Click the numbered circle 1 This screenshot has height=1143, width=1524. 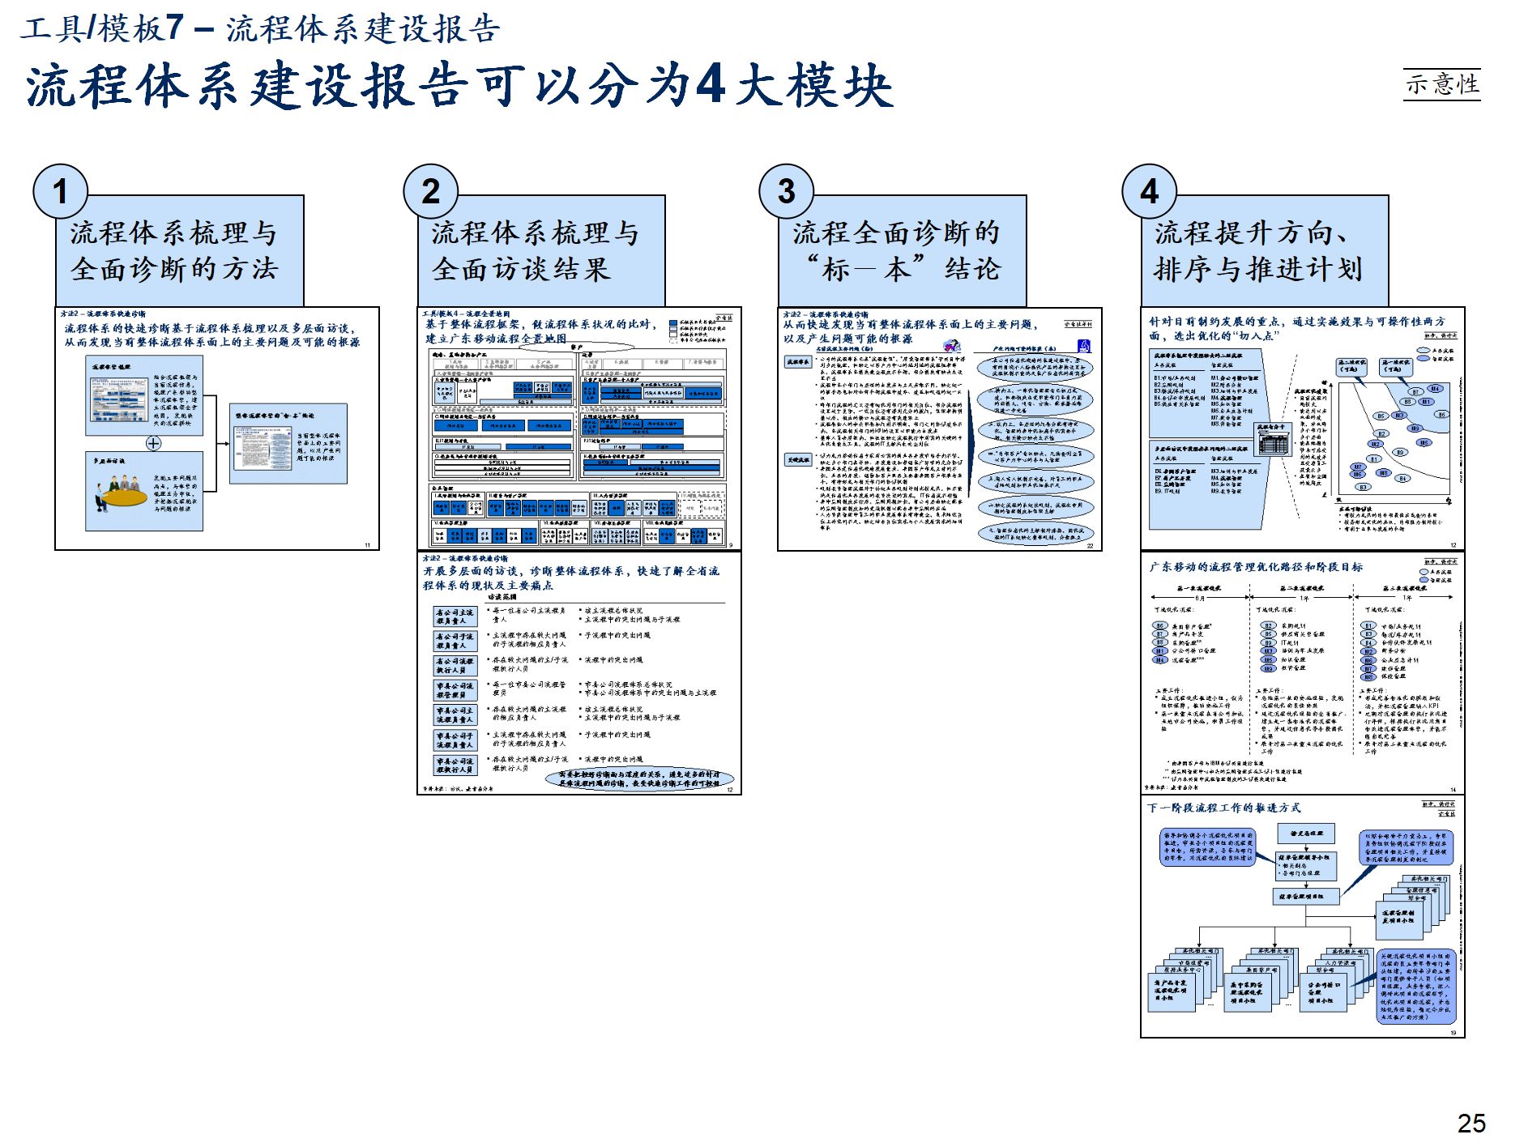click(60, 192)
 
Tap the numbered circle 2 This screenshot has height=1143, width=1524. click(431, 192)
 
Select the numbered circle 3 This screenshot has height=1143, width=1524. click(786, 192)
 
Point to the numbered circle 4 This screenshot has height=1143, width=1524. click(1149, 192)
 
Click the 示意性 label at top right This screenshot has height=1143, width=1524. click(1441, 84)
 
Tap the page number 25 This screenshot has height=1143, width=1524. click(1471, 1123)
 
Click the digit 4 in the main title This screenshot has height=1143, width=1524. click(710, 84)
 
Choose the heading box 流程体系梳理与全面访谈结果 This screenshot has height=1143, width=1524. click(541, 251)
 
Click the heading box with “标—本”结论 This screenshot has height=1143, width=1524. click(902, 251)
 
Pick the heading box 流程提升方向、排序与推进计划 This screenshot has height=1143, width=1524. click(1264, 251)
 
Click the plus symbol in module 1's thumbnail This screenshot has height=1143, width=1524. click(153, 443)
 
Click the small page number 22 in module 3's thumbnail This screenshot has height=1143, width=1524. click(1090, 546)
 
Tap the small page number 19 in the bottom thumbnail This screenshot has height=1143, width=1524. click(1453, 1033)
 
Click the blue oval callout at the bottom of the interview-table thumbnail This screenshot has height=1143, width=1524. click(639, 779)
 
